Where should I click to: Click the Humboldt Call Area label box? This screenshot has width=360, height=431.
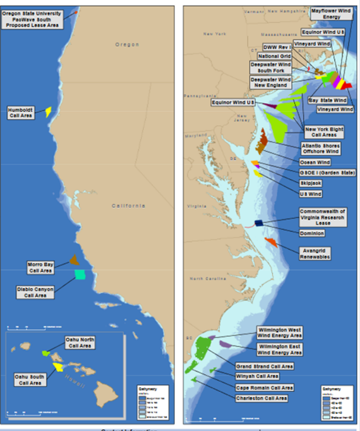[x=21, y=112]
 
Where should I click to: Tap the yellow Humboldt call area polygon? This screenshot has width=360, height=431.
[x=48, y=111]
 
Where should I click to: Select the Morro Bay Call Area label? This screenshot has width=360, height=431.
[x=40, y=267]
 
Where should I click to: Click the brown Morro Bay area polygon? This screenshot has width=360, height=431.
[x=74, y=260]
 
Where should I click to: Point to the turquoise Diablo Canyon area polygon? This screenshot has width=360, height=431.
[x=80, y=275]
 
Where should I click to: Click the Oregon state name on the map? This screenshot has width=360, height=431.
[x=127, y=45]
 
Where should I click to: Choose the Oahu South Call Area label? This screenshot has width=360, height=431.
[x=29, y=379]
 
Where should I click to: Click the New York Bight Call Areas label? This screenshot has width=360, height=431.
[x=324, y=131]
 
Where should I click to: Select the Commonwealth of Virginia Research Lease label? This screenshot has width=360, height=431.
[x=322, y=217]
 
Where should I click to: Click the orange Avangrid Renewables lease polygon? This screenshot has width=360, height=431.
[x=270, y=242]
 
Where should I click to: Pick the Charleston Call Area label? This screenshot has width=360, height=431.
[x=261, y=398]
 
